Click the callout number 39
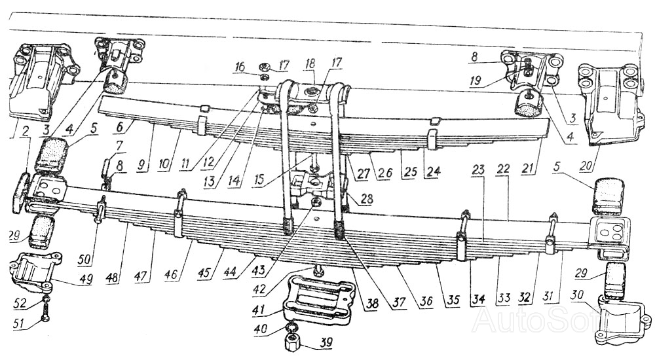click(326, 343)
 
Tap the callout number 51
click(20, 323)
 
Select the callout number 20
click(586, 166)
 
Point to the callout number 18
click(310, 63)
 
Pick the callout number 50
click(84, 259)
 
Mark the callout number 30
click(578, 296)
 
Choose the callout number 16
click(240, 67)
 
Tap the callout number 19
click(476, 81)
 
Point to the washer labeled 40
click(292, 327)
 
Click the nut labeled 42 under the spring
click(318, 272)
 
